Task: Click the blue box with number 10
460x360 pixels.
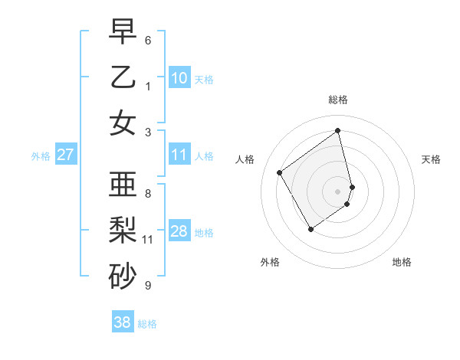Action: coord(179,78)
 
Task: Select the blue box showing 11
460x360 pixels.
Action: coord(179,155)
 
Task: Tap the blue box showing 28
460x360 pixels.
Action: coord(179,231)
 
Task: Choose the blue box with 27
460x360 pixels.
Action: coord(65,155)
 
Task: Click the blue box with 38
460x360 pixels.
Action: coord(123,322)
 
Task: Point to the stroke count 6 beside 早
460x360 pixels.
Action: coord(148,40)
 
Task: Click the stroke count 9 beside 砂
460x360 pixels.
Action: coord(148,286)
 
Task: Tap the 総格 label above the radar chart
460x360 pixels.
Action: coord(338,100)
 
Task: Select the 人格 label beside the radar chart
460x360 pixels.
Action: coord(245,159)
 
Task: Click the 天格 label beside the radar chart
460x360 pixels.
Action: coord(432,159)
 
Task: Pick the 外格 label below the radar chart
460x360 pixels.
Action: coord(270,262)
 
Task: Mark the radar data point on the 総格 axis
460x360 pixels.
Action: coord(338,130)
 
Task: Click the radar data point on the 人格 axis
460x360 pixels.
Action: coord(280,172)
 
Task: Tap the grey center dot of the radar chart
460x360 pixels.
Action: coord(338,191)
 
